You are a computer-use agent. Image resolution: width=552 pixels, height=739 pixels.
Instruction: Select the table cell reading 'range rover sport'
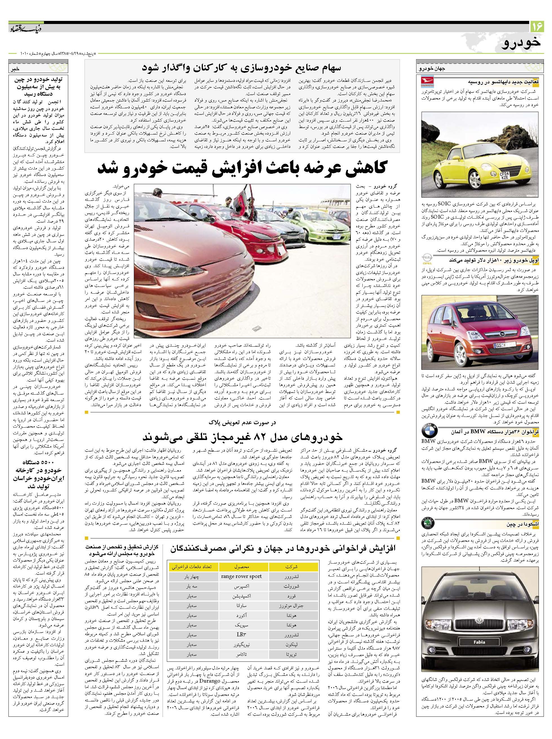coord(241,576)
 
